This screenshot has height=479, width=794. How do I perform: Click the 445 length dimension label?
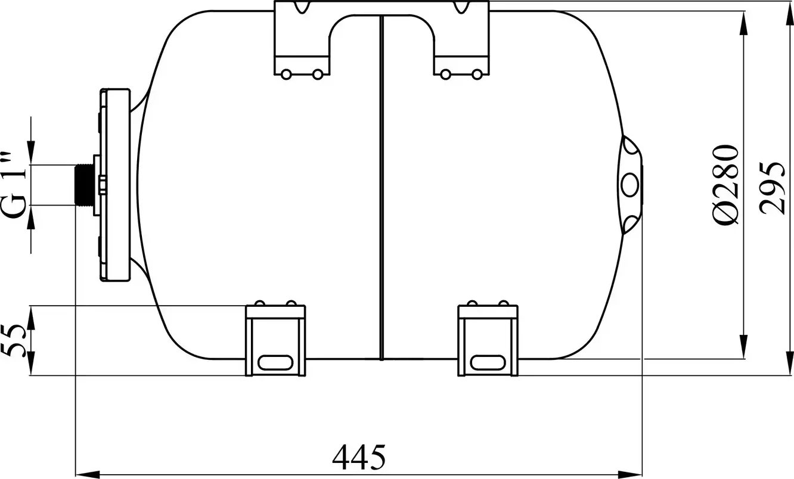[x=358, y=457]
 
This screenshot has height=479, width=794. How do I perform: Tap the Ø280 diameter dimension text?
[x=725, y=184]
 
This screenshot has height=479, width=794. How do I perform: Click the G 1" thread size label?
[x=14, y=186]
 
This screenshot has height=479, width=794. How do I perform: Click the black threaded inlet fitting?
[x=85, y=185]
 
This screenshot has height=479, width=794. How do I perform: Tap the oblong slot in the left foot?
[x=275, y=363]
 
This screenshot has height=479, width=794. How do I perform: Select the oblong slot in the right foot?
[x=488, y=363]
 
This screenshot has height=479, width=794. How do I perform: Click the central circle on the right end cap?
[x=630, y=185]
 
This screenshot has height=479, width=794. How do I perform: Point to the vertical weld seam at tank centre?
[x=382, y=188]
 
